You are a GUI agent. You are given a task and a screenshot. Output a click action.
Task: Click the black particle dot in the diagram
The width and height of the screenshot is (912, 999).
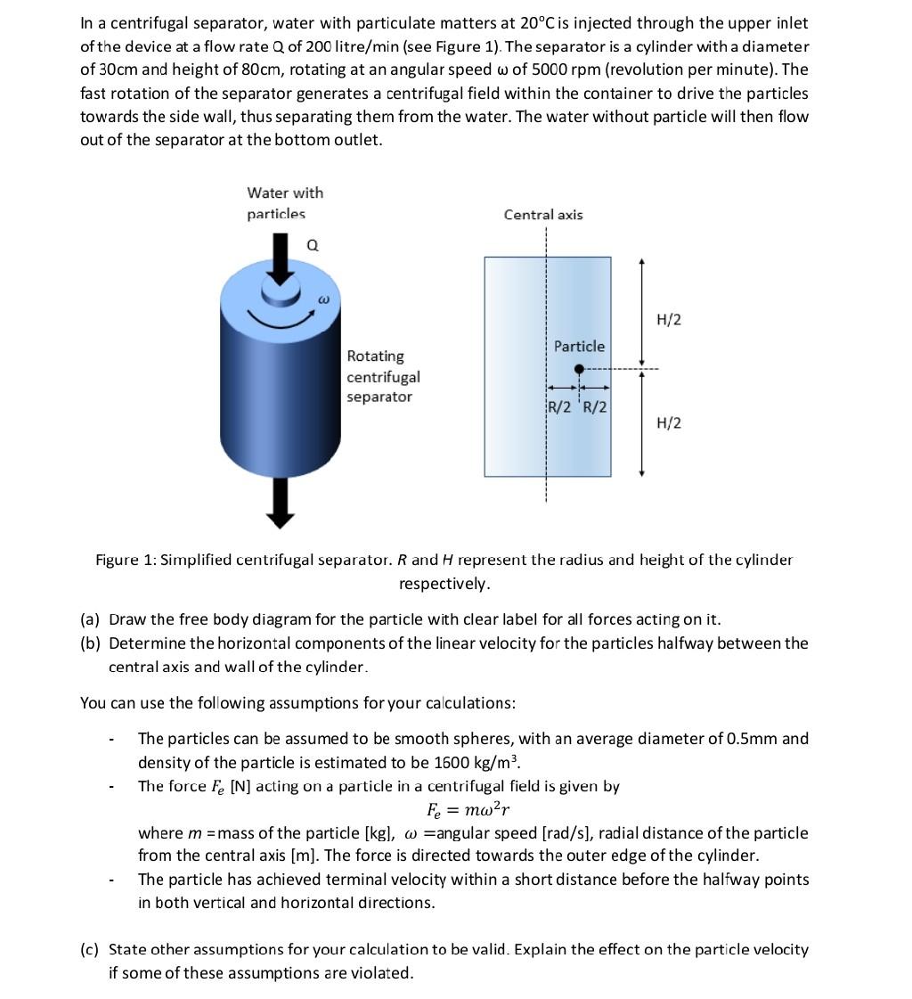coord(579,369)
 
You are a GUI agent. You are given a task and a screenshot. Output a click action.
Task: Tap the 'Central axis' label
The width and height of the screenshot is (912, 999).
coord(543,215)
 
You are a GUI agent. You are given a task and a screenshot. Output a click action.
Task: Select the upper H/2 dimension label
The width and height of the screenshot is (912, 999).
coord(669,319)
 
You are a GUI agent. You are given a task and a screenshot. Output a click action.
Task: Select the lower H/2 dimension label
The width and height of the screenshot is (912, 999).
coord(669,422)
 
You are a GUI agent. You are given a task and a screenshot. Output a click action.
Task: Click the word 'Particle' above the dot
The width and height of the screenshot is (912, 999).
coord(579,346)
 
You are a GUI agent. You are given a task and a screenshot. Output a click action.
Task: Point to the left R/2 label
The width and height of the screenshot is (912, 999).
coord(560,407)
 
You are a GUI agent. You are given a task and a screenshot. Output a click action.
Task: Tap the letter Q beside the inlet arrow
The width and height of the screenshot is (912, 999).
coord(313,245)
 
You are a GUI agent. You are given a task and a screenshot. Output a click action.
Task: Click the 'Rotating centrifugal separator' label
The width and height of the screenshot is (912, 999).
coord(383,376)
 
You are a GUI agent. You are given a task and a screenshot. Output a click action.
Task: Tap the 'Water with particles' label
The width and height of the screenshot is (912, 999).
coord(285,203)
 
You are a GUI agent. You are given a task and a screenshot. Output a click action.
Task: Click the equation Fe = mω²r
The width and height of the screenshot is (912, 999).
coord(468,810)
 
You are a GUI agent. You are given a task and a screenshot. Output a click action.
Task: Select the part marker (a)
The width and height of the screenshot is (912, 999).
coord(90,619)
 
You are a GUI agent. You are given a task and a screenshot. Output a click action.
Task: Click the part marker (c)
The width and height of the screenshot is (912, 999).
coord(90,949)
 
